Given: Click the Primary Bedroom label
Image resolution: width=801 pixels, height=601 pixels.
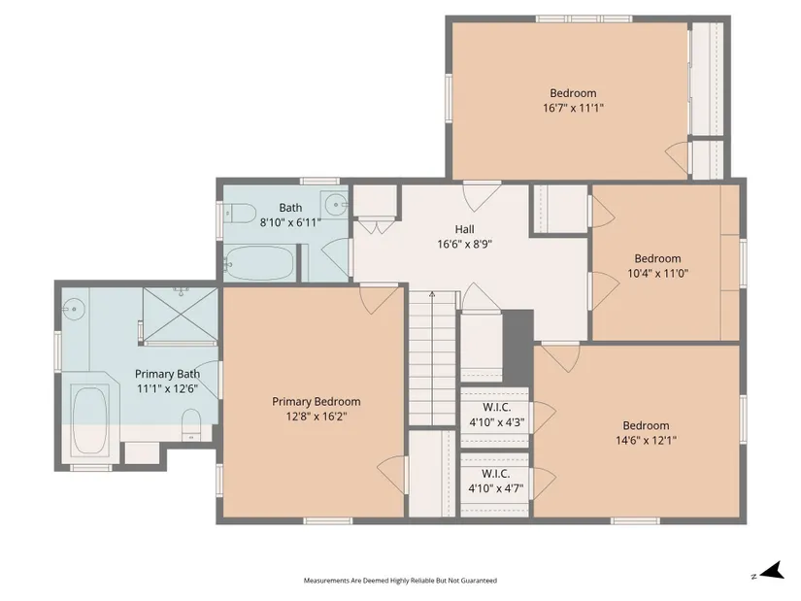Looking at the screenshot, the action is tap(317, 402).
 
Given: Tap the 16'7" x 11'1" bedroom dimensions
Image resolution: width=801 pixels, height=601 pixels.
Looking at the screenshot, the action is tap(573, 108).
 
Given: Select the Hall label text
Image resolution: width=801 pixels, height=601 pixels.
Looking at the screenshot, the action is tap(464, 229).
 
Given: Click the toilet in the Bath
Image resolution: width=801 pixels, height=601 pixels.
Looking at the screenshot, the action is tap(239, 213).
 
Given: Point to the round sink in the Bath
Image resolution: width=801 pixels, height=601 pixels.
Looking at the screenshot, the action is tap(335, 206).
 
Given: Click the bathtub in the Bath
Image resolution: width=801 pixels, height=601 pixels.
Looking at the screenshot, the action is tap(259, 263).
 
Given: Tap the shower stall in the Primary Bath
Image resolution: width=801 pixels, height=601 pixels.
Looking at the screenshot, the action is tap(180, 316).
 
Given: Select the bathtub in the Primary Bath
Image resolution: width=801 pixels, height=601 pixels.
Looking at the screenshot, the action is tap(89, 420).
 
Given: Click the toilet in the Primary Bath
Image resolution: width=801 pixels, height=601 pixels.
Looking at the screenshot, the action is tap(192, 424).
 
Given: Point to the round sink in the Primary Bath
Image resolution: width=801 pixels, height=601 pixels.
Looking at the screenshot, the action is tap(73, 309).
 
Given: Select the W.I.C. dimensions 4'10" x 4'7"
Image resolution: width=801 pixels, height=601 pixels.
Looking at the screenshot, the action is tap(496, 488).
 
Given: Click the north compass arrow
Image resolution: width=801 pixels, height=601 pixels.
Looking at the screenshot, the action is tap(773, 570).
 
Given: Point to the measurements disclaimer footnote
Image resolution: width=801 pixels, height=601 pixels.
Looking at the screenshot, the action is tap(400, 581).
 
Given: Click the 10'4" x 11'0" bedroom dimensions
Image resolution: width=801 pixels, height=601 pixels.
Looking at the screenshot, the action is tap(658, 273).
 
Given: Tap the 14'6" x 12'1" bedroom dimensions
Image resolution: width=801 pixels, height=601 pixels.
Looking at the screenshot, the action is tap(647, 440).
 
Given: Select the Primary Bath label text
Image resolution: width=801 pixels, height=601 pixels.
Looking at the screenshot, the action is tap(168, 374).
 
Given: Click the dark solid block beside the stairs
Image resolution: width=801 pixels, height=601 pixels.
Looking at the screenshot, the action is tap(518, 347).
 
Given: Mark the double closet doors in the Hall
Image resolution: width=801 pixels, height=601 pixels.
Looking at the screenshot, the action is tap(376, 227).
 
